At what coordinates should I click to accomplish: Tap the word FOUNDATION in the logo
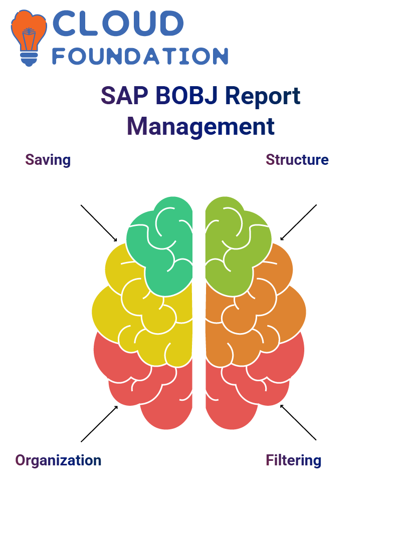(140, 56)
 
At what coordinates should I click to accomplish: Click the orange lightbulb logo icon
(29, 38)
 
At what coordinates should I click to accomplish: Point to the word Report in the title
(263, 96)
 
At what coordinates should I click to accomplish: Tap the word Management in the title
(201, 127)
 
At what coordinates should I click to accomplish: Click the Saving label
(48, 160)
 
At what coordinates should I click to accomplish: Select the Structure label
(297, 160)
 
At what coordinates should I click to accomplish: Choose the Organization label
(58, 460)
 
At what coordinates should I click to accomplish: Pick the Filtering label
(294, 460)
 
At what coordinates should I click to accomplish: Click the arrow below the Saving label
(99, 223)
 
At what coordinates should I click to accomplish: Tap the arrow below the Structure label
(298, 222)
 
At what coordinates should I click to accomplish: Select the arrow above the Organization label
(99, 424)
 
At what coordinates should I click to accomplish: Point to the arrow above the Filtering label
(298, 422)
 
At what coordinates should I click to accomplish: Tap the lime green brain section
(236, 246)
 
